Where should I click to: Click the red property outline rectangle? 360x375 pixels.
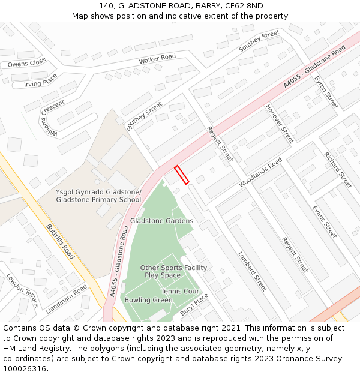(181, 175)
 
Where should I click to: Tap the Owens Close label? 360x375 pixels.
(26, 63)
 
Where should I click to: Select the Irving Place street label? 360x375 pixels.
(41, 80)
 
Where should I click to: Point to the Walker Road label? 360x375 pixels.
(157, 59)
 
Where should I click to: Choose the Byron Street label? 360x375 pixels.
(327, 92)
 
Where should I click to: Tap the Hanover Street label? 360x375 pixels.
(280, 124)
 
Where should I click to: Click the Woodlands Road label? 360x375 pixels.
(260, 173)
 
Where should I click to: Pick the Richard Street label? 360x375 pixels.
(338, 170)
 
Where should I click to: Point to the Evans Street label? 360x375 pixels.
(324, 221)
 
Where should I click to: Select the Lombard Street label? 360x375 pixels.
(252, 271)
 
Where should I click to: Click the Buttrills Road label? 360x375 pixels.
(60, 241)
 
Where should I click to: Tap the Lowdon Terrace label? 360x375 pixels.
(23, 291)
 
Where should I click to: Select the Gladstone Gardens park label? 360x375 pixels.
(161, 221)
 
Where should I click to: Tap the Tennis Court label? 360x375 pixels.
(181, 291)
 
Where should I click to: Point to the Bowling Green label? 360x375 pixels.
(148, 300)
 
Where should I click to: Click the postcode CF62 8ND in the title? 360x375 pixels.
(241, 5)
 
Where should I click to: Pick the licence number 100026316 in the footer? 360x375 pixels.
(25, 369)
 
